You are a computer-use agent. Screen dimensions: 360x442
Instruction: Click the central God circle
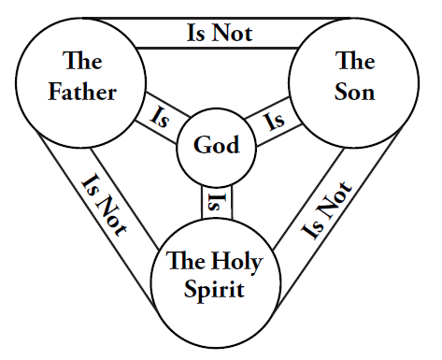[x=216, y=145]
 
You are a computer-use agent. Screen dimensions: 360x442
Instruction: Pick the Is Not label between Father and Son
[x=220, y=33]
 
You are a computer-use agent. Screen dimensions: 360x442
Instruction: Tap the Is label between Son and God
[x=275, y=119]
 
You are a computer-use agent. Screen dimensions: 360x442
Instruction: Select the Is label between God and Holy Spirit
[x=216, y=200]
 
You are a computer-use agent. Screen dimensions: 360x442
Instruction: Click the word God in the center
[x=216, y=145]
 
